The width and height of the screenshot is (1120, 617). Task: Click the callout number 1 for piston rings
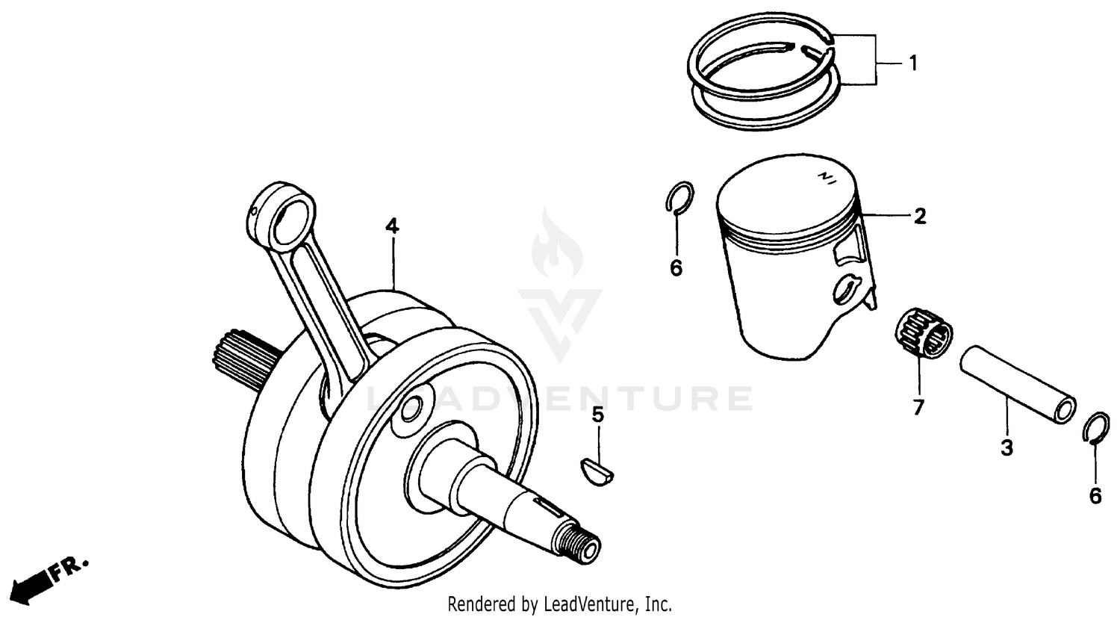click(x=912, y=63)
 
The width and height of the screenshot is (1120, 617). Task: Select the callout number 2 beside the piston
click(x=920, y=217)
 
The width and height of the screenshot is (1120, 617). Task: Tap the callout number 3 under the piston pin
click(x=1007, y=449)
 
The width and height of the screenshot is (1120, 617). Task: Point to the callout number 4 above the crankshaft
click(x=392, y=226)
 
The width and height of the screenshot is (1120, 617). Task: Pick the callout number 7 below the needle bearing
click(x=918, y=408)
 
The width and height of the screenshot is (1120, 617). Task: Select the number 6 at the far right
click(x=1095, y=496)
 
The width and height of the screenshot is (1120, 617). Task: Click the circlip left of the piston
click(x=679, y=199)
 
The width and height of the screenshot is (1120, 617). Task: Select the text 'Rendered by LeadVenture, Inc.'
click(x=559, y=603)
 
